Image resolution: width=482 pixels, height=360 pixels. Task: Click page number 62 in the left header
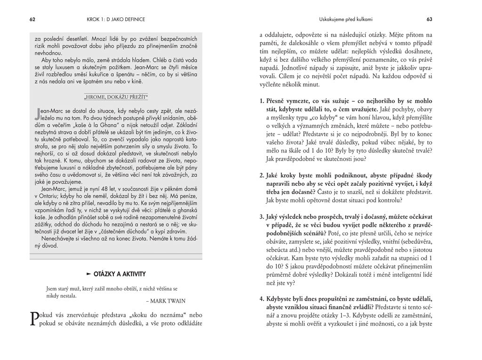click(x=32, y=19)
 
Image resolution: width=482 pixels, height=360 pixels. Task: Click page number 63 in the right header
click(x=429, y=19)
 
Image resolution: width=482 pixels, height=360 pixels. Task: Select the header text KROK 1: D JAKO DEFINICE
click(x=116, y=19)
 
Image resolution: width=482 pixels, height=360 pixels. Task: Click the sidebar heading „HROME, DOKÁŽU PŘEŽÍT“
click(x=116, y=97)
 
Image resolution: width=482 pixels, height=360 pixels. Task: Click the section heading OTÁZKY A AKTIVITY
click(x=120, y=274)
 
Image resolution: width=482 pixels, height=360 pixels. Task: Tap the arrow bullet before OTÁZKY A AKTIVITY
click(x=88, y=274)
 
